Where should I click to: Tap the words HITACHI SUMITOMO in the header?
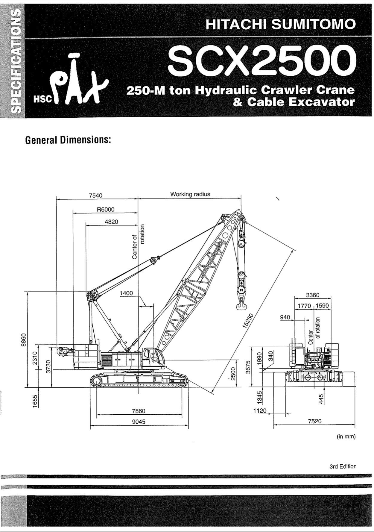tap(280, 25)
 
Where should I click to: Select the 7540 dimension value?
tap(95, 195)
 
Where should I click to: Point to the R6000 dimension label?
tap(106, 210)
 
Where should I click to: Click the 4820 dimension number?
tap(111, 222)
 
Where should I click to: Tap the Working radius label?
tap(190, 194)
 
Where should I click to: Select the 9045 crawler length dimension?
tap(139, 422)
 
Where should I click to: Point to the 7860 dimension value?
tap(139, 411)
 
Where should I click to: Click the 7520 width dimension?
tap(314, 421)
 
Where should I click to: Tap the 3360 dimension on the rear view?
tap(313, 295)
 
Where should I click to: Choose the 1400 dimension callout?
tap(126, 293)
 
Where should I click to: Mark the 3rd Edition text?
tap(343, 466)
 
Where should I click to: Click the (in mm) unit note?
tap(346, 436)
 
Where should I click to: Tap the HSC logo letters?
tap(42, 100)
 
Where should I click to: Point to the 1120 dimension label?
tap(259, 410)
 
